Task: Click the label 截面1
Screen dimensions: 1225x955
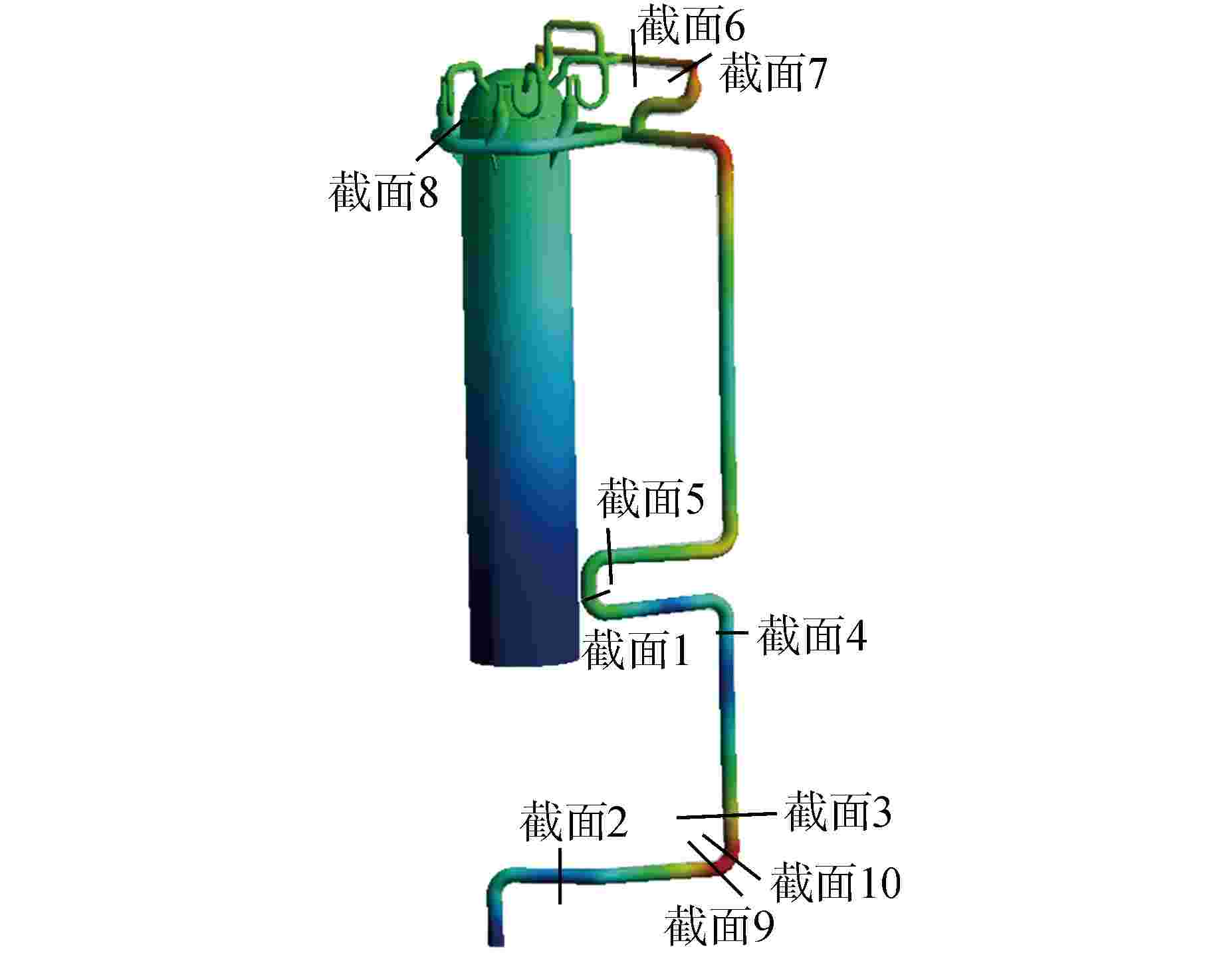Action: [635, 650]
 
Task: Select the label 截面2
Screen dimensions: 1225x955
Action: [574, 821]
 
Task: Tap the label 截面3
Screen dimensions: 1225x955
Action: [838, 812]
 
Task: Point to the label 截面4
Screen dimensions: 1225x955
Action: [812, 635]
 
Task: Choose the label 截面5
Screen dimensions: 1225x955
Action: [650, 499]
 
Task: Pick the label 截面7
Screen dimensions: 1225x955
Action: [773, 72]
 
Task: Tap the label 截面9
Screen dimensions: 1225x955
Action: [720, 924]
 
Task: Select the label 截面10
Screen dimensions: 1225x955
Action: [835, 882]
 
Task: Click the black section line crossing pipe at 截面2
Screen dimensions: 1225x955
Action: [560, 876]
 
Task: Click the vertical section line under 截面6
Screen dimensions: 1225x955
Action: [634, 58]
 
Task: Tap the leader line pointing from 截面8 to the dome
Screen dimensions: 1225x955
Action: [439, 139]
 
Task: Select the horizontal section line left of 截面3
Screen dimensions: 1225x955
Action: [726, 815]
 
